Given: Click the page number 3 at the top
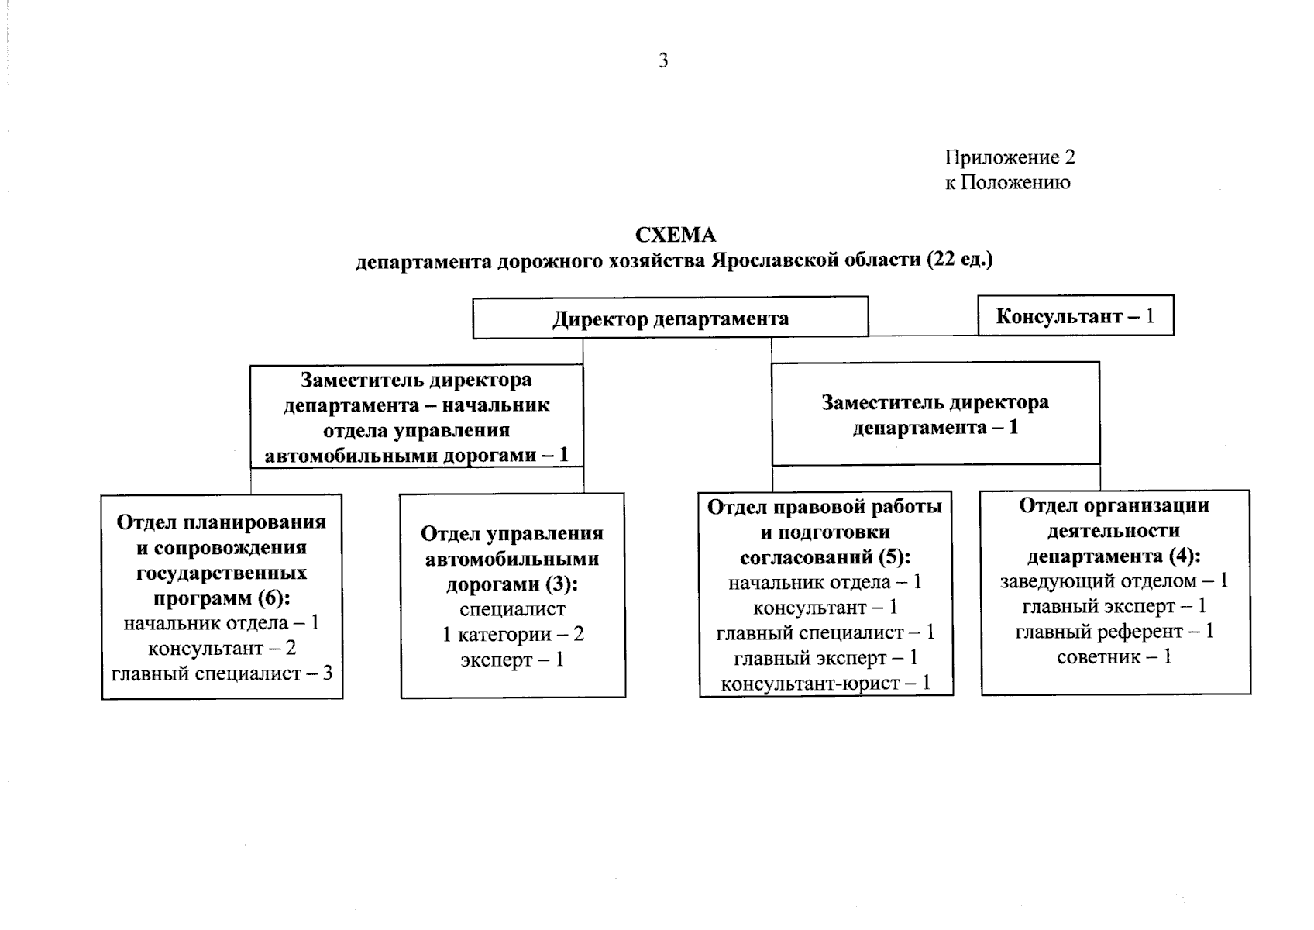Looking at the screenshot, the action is pos(663,60).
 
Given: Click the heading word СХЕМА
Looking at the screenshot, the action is pos(675,236).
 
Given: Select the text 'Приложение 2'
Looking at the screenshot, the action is pos(1010,157).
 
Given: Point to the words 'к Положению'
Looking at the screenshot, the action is pos(1007,182).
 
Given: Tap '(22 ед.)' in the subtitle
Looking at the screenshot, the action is pos(960,260).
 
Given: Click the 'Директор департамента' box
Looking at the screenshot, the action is pos(670,318).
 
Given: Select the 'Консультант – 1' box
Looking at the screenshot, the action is pos(1076,315).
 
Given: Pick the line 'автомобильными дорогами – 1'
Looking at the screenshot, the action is pos(417,456).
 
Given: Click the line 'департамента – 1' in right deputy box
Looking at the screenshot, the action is pos(935,427).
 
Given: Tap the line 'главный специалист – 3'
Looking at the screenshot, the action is pos(222,673).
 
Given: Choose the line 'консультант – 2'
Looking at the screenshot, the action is pos(222,648).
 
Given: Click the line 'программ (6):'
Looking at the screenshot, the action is pos(222,598).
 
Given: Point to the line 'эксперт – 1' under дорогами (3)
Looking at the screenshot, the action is pos(512,660).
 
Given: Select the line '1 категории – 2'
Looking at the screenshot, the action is pos(513,634).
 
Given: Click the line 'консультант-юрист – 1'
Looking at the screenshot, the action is pos(825,683).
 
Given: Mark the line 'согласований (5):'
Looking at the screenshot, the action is pos(825,556).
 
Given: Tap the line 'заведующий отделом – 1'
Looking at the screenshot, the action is pos(1114,581).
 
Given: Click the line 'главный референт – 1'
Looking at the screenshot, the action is pos(1114,632).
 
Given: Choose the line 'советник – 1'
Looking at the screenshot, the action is pos(1114,656).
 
